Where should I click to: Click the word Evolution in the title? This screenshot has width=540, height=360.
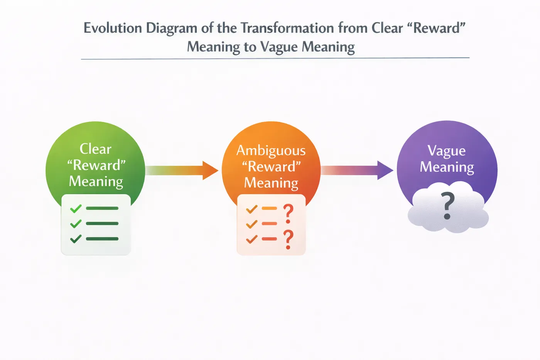click(113, 28)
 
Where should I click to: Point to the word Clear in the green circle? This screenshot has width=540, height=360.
click(96, 149)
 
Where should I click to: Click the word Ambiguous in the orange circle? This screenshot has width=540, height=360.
click(271, 151)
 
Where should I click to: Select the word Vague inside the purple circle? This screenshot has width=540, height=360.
click(447, 151)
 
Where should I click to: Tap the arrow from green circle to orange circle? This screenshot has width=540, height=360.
click(182, 170)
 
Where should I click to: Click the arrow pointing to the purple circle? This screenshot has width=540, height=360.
click(357, 170)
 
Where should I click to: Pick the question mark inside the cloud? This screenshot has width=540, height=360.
click(448, 206)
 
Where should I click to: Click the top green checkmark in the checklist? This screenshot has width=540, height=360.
click(76, 209)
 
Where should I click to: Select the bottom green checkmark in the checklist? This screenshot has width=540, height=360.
click(76, 239)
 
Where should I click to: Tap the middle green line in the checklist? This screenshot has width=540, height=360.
click(102, 223)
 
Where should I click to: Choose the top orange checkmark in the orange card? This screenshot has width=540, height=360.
click(251, 209)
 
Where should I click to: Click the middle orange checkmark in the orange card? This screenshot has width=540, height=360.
click(251, 224)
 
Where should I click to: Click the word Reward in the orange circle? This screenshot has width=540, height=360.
click(272, 167)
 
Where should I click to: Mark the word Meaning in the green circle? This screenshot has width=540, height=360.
click(96, 182)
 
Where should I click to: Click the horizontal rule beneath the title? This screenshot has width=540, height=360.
click(275, 58)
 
